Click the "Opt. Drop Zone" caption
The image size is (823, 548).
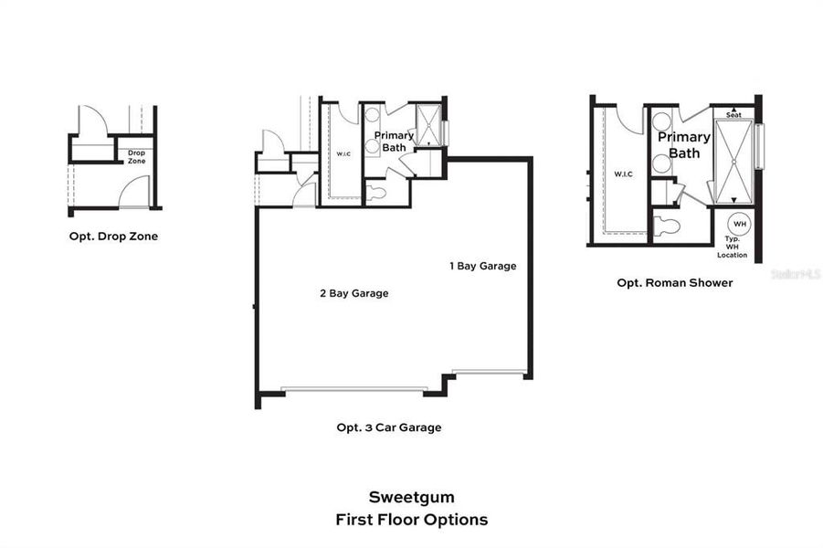pyautogui.click(x=113, y=236)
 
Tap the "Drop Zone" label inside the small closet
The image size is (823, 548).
pyautogui.click(x=136, y=157)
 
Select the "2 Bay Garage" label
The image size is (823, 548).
pyautogui.click(x=353, y=293)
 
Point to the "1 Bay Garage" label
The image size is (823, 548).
pyautogui.click(x=482, y=267)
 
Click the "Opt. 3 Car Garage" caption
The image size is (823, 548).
pyautogui.click(x=388, y=427)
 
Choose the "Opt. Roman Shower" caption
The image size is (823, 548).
pyautogui.click(x=674, y=283)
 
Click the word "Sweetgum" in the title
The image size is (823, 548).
pyautogui.click(x=411, y=498)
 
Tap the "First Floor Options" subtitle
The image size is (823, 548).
pyautogui.click(x=411, y=520)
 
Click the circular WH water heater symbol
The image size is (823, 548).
pyautogui.click(x=739, y=224)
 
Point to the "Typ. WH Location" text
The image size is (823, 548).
pyautogui.click(x=732, y=246)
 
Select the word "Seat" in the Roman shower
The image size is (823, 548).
pyautogui.click(x=733, y=114)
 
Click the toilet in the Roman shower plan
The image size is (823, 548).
pyautogui.click(x=667, y=226)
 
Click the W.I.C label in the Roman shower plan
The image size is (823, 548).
pyautogui.click(x=623, y=174)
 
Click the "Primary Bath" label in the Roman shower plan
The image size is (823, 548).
pyautogui.click(x=684, y=144)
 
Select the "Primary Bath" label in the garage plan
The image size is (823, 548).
pyautogui.click(x=394, y=141)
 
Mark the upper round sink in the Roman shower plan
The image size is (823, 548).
pyautogui.click(x=661, y=121)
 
